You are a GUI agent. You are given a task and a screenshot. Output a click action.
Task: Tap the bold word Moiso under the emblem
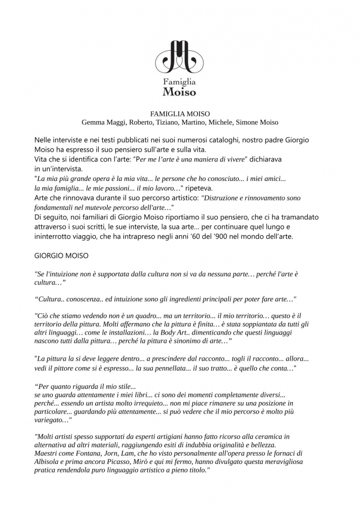click(180, 91)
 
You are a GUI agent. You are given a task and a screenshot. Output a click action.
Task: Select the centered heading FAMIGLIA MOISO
click(180, 114)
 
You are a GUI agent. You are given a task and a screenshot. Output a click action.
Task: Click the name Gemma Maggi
click(102, 122)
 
